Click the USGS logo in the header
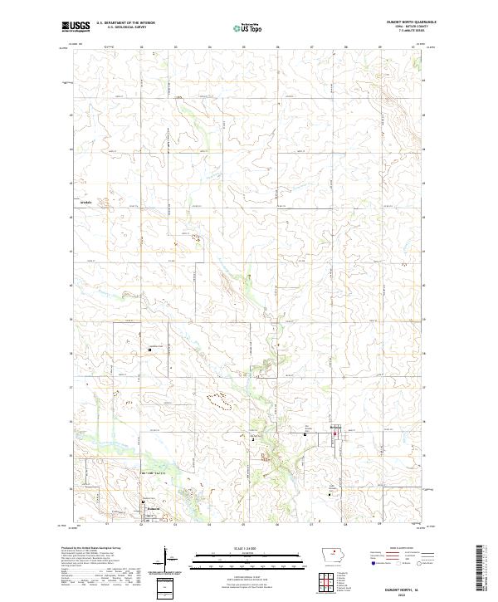[x=76, y=27]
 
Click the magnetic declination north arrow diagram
[x=165, y=560]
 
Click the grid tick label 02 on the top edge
[x=141, y=47]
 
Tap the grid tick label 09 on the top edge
[x=379, y=47]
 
